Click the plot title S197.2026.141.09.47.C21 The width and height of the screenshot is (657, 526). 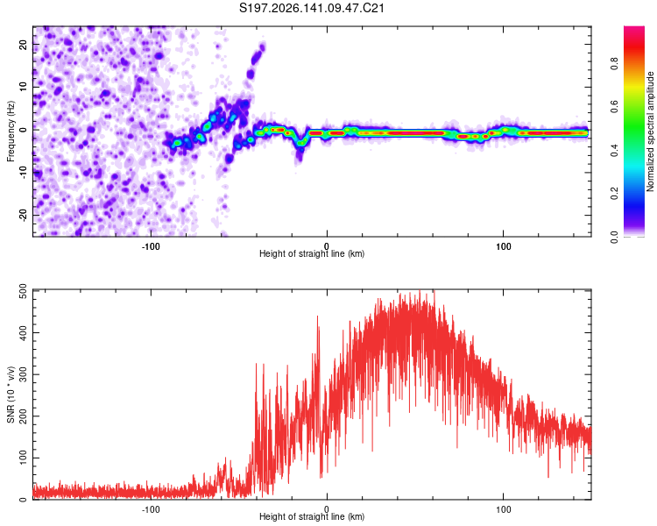coord(312,8)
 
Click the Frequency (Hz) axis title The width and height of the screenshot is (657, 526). coord(11,131)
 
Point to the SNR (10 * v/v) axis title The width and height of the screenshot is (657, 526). coord(11,394)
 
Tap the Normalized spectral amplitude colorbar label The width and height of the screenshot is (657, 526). coord(650,131)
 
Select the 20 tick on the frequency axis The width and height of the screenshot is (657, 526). coord(24,44)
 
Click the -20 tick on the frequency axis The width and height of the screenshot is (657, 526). coord(24,215)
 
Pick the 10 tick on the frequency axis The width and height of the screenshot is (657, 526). coord(24,87)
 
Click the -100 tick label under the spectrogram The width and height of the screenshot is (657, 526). coord(151,246)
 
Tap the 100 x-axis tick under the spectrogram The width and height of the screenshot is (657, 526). coord(503,246)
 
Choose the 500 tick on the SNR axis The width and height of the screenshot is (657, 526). coord(24,291)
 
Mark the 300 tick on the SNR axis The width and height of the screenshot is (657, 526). coord(24,374)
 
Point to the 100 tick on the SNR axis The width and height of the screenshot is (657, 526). coord(24,458)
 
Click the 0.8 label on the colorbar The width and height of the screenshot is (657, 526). coord(614,64)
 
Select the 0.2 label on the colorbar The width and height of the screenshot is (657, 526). coord(614,194)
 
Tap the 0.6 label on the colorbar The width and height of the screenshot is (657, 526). coord(614,107)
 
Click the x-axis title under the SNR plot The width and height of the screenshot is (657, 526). coord(312,516)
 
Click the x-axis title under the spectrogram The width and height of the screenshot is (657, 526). coord(312,253)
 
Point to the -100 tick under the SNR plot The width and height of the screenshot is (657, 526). coord(151,509)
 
